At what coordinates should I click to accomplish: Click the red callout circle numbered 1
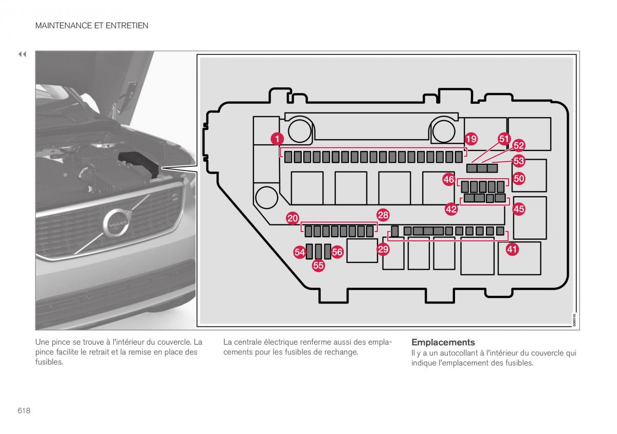coord(277,138)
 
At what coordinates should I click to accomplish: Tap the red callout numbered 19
coord(471,138)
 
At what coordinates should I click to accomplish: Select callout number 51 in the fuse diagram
coord(504,138)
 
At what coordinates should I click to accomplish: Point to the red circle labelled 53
coord(518,161)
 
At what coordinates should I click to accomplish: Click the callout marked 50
coord(519,179)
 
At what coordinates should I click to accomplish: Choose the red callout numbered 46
coord(449,180)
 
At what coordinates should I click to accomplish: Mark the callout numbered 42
coord(451,209)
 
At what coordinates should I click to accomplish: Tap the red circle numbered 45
coord(519,209)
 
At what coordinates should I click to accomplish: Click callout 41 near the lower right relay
coord(512,250)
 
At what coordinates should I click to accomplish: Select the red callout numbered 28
coord(383,215)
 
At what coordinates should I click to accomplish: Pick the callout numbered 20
coord(293,218)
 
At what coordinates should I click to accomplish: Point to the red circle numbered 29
coord(383,250)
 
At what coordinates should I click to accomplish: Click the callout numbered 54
coord(300,252)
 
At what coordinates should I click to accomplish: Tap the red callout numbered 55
coord(318,266)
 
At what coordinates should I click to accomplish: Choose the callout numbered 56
coord(337,252)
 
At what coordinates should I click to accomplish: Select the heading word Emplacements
coord(443,342)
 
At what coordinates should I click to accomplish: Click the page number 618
coord(24,410)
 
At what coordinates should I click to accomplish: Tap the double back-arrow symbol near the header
coord(22,54)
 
